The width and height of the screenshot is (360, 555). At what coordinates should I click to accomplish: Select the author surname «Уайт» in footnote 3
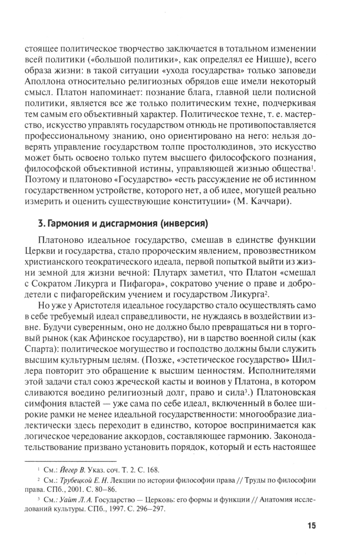click(x=67, y=499)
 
